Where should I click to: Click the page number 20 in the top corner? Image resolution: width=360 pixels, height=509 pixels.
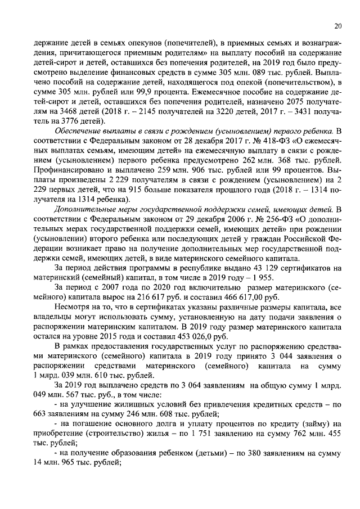337,25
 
